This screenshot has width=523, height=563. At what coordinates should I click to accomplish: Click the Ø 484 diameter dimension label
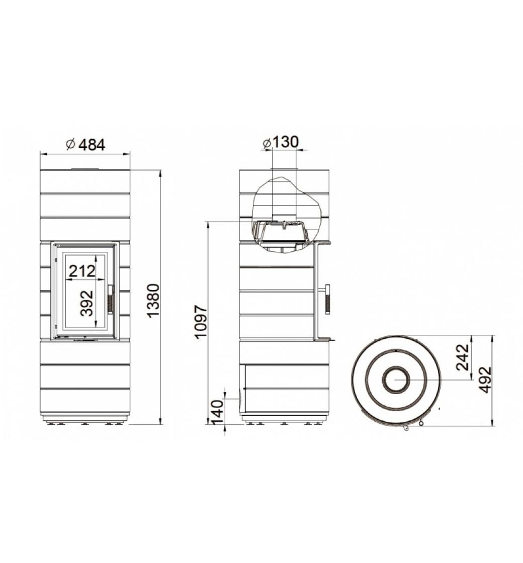click(x=86, y=145)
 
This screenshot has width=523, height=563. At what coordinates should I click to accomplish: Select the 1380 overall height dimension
click(x=153, y=301)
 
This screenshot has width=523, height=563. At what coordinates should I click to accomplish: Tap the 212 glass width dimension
click(x=82, y=271)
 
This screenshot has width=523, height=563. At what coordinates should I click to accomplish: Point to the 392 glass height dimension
click(x=86, y=303)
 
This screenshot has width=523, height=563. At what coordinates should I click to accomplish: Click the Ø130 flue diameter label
click(x=281, y=142)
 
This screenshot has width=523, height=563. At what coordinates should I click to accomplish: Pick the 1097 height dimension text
click(x=201, y=321)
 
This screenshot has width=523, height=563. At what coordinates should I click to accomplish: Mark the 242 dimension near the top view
click(x=463, y=357)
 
